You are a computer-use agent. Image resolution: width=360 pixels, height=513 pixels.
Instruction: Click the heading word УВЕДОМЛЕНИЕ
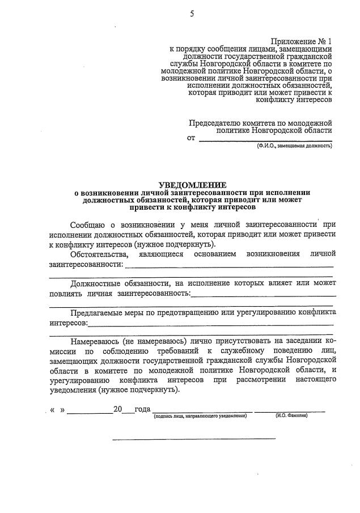(192, 185)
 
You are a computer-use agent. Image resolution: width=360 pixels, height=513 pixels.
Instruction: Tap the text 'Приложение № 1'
(301, 41)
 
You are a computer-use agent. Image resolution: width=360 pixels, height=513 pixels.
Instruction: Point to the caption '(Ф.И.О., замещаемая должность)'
(294, 146)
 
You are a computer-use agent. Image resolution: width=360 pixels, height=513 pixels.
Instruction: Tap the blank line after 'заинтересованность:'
(264, 295)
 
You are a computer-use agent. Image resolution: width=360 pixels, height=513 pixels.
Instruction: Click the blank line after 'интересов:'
(210, 324)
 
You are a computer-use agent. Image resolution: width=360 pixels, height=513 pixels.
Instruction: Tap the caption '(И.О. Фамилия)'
(291, 416)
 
